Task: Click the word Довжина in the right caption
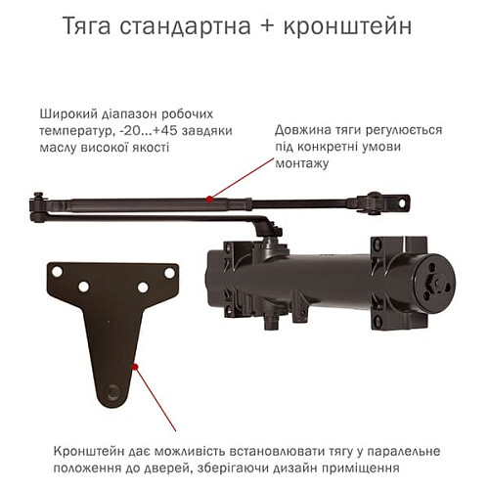[x=302, y=129]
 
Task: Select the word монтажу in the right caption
[x=302, y=164]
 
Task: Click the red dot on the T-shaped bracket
[x=136, y=367]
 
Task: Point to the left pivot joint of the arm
[x=38, y=204]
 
